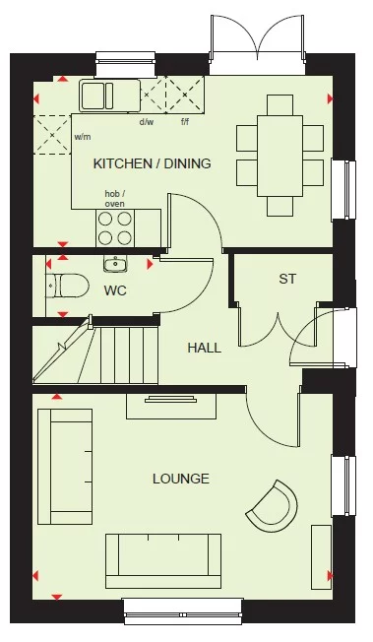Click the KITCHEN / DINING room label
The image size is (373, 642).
152,163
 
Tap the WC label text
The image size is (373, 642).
115,290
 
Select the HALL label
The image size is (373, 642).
204,348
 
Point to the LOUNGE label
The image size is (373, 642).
180,479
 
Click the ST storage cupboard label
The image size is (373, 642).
286,280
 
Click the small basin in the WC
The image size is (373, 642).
115,263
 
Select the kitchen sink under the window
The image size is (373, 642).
107,96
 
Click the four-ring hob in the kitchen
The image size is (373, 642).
114,228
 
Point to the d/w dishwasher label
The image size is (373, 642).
147,122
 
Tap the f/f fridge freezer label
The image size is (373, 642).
184,122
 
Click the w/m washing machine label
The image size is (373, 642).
83,137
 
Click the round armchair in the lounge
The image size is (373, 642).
272,505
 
